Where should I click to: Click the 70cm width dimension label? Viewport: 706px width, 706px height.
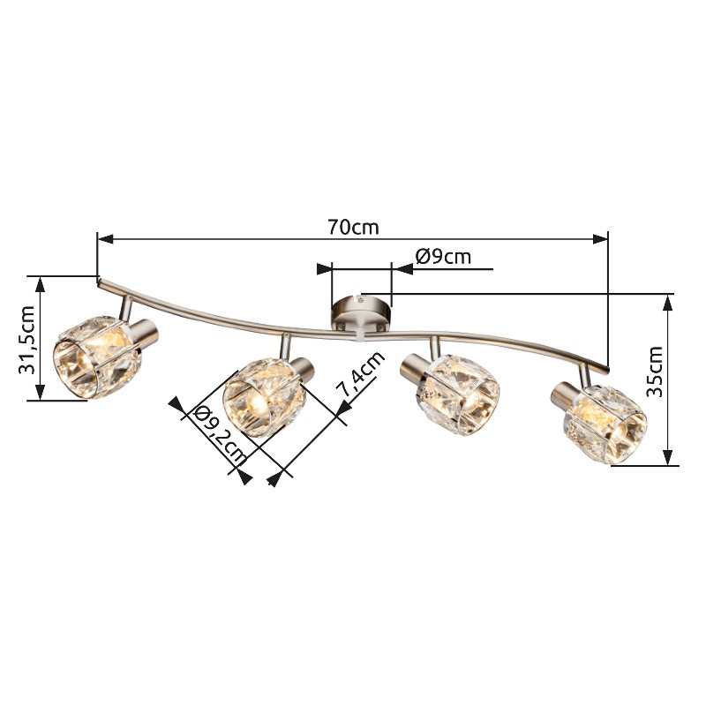[353, 228]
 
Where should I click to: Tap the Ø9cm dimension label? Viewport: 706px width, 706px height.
[443, 257]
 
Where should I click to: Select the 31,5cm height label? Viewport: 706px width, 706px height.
[26, 340]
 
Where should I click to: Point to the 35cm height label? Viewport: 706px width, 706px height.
[655, 372]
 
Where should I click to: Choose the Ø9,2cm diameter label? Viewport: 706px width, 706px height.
[217, 436]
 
